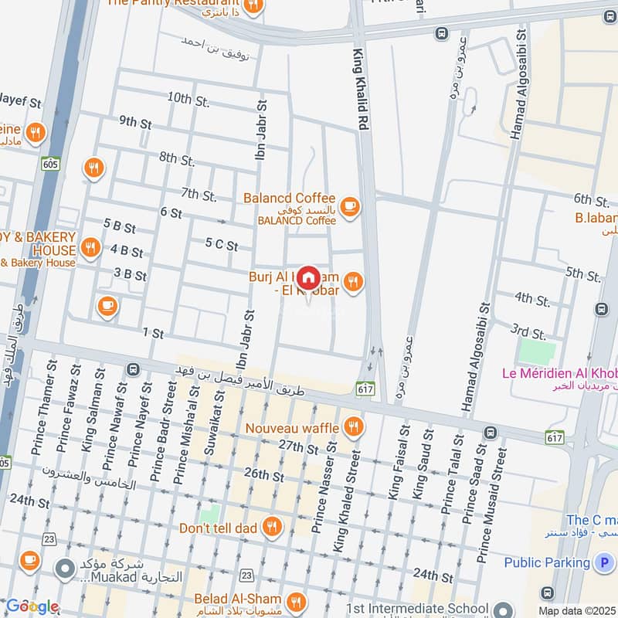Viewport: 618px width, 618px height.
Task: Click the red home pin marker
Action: (x=309, y=278)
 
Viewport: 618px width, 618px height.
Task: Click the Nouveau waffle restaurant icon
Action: (x=353, y=427)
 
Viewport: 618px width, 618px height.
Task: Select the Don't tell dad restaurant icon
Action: (x=272, y=528)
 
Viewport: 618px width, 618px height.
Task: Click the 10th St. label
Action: (x=188, y=99)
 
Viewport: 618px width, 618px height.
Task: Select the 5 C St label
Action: (x=222, y=245)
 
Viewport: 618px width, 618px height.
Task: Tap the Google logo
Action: (x=32, y=606)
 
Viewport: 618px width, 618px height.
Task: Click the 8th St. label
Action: (x=177, y=159)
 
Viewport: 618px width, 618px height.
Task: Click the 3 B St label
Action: (x=130, y=274)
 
